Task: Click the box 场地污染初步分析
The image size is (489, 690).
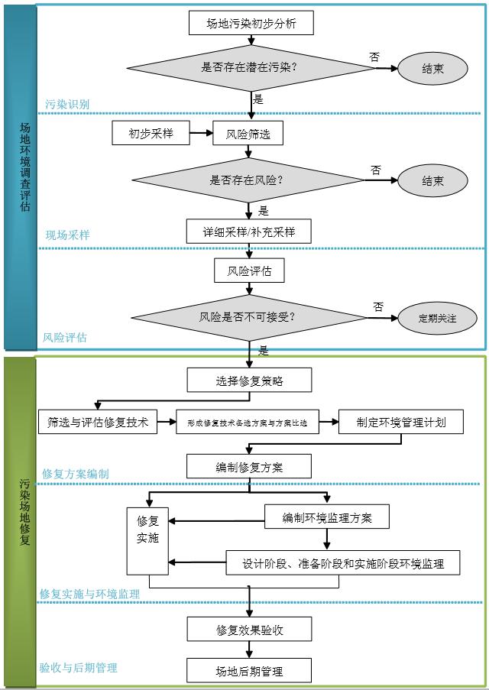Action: pyautogui.click(x=251, y=24)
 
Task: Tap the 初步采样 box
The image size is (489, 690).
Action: pyautogui.click(x=151, y=134)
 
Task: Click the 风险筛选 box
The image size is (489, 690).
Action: pyautogui.click(x=248, y=134)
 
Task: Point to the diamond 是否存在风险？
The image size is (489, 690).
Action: pyautogui.click(x=248, y=181)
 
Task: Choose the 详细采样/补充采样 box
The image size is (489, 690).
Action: pyautogui.click(x=249, y=231)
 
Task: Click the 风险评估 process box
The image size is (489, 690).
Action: pyautogui.click(x=249, y=270)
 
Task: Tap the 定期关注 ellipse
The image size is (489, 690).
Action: pyautogui.click(x=437, y=318)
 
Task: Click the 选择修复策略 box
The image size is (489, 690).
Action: pyautogui.click(x=249, y=380)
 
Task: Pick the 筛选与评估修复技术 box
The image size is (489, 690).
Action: pyautogui.click(x=98, y=422)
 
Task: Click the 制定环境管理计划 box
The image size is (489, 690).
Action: pyautogui.click(x=401, y=422)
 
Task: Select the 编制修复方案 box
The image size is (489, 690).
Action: pyautogui.click(x=249, y=466)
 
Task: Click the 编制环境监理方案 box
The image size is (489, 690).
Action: pyautogui.click(x=327, y=517)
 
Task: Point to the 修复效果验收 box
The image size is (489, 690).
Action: pyautogui.click(x=249, y=630)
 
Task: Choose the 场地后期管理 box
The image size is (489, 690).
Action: pyautogui.click(x=249, y=672)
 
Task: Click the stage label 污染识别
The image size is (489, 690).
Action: pyautogui.click(x=66, y=104)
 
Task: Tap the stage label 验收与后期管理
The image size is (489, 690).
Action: pyautogui.click(x=79, y=667)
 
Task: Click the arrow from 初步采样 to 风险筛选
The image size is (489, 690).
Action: pyautogui.click(x=200, y=134)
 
